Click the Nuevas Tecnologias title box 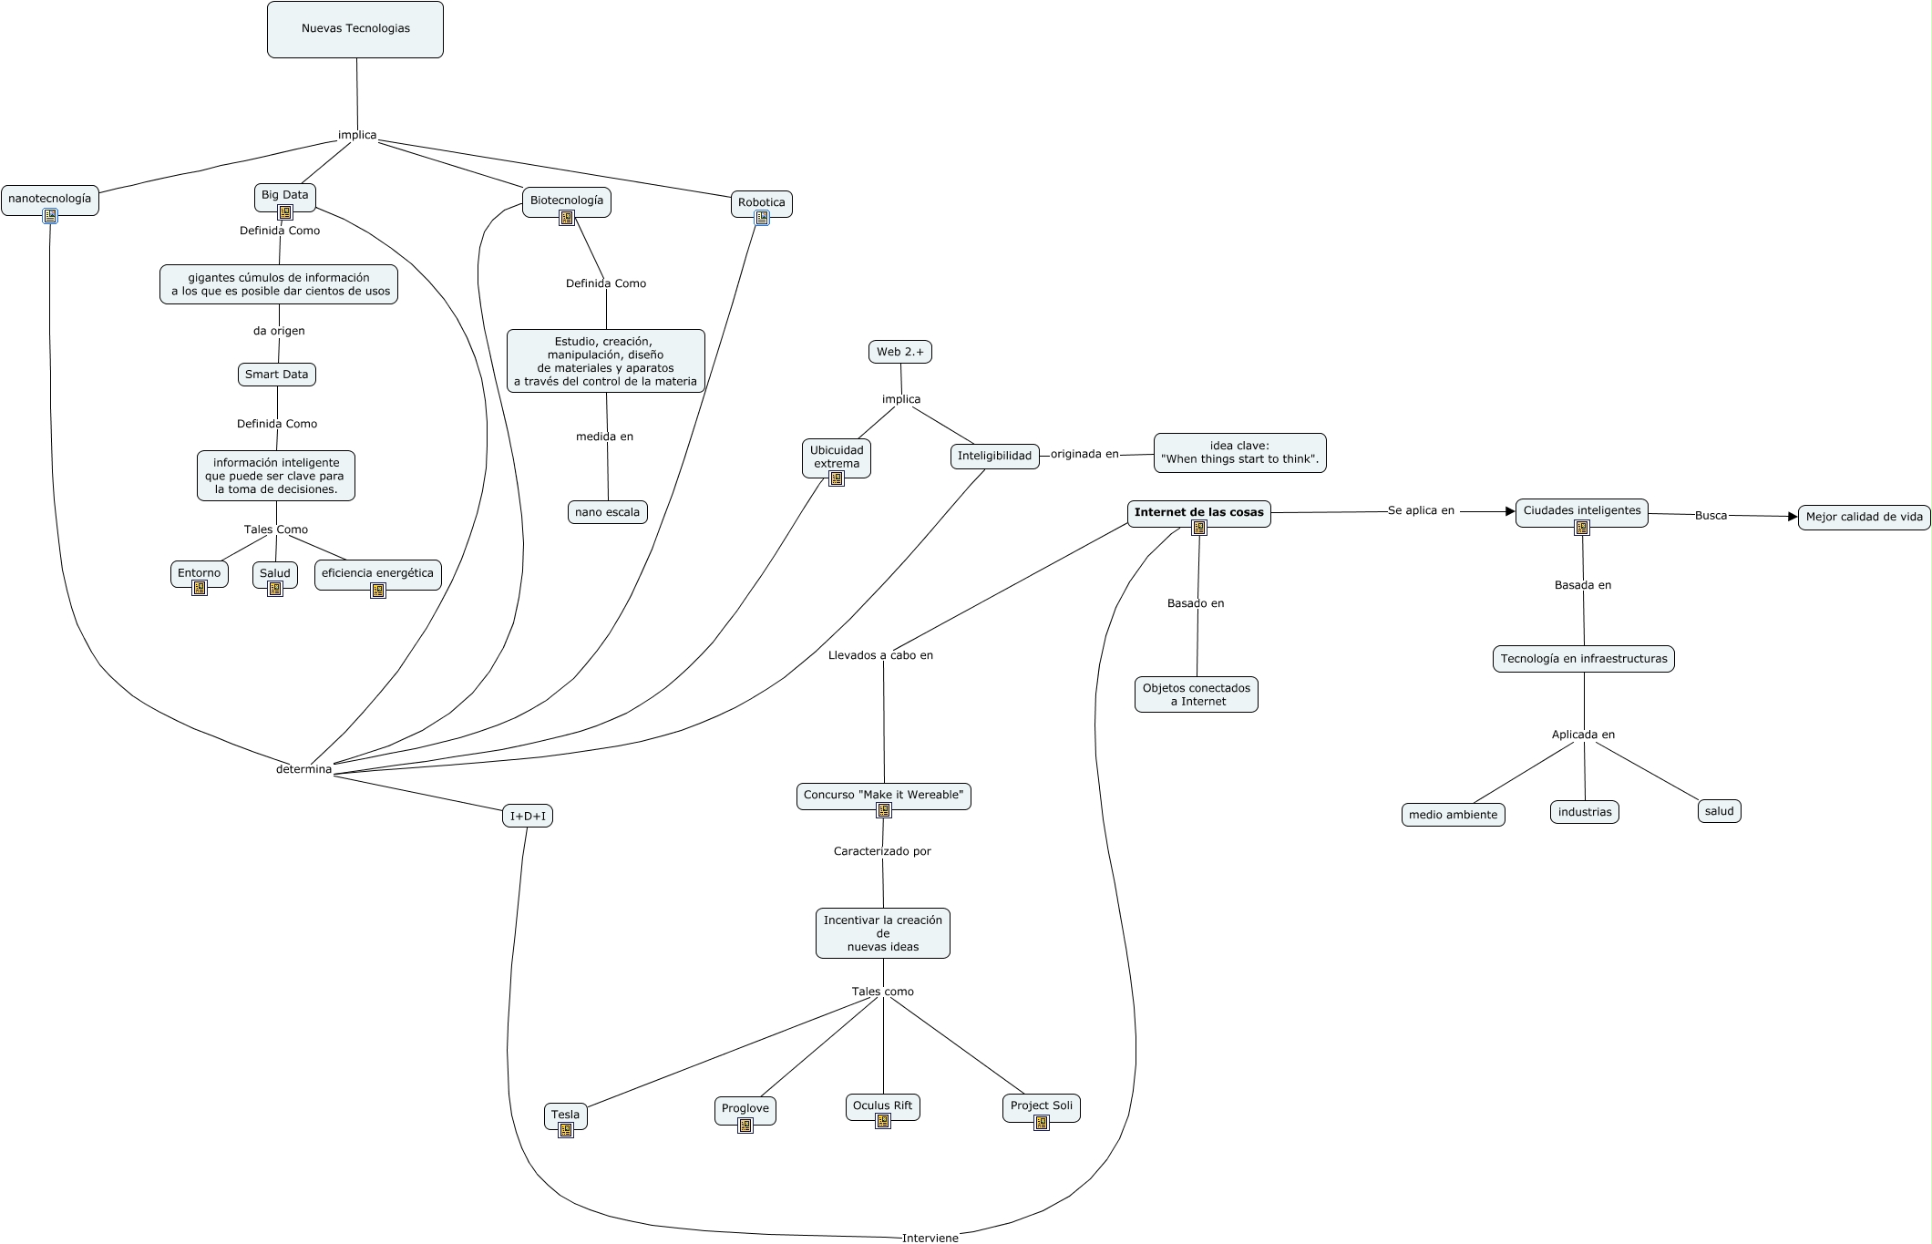pos(355,29)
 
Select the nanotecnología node pos(50,198)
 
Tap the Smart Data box pos(276,375)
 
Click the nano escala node pos(607,512)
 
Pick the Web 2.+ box pos(900,352)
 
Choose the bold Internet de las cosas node pos(1198,512)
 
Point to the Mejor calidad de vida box pos(1864,517)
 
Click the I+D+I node pos(528,816)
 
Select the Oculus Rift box pos(882,1105)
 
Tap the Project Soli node pos(1041,1105)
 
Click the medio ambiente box pos(1453,815)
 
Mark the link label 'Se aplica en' pos(1421,510)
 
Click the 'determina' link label pos(303,769)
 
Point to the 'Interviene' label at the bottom pos(930,1238)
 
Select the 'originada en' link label pos(1084,454)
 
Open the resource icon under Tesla pos(566,1130)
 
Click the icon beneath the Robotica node pos(762,218)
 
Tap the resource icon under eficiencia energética pos(378,591)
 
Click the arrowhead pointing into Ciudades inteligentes pos(1510,511)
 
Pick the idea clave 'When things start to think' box pos(1239,453)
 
